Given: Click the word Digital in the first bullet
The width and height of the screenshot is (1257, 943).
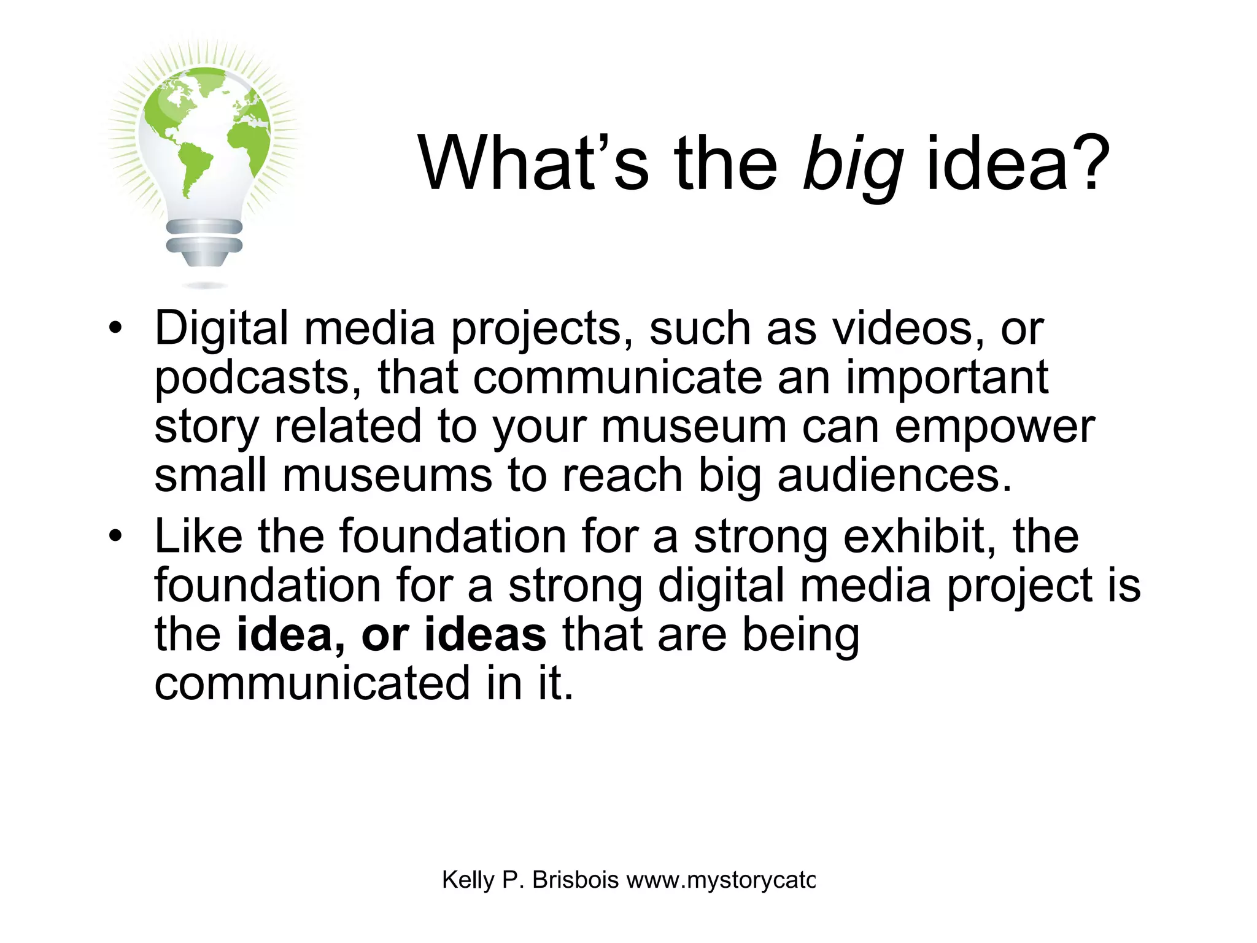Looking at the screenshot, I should click(221, 329).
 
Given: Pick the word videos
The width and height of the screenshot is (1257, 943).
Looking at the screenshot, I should click(908, 329).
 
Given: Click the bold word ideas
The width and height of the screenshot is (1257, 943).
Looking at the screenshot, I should click(485, 635).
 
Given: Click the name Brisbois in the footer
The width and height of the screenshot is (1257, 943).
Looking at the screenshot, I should click(575, 880).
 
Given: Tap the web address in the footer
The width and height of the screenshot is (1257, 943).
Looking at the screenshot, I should click(721, 881).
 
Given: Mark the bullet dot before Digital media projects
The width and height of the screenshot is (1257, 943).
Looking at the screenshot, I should click(114, 329).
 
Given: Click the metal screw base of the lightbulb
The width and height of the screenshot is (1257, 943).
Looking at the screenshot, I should click(204, 243).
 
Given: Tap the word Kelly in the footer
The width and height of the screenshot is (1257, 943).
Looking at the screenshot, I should click(468, 880).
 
